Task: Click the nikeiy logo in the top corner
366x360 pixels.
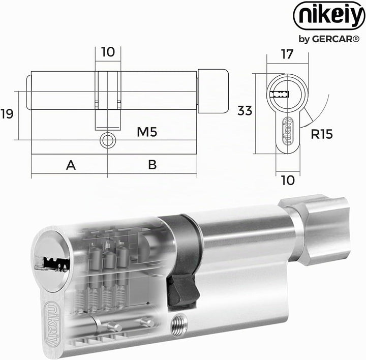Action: click(x=329, y=15)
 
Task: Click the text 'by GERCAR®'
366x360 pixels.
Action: click(x=329, y=39)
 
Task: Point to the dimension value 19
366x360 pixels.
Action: click(x=7, y=114)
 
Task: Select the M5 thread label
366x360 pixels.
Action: click(x=147, y=132)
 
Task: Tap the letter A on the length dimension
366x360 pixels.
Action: click(x=71, y=165)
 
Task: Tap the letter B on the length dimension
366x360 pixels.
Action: click(x=152, y=165)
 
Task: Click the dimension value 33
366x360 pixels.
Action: click(x=245, y=111)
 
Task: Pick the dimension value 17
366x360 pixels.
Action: click(x=287, y=54)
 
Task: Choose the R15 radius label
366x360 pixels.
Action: click(x=322, y=134)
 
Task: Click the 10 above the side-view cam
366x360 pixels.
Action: click(x=108, y=52)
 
